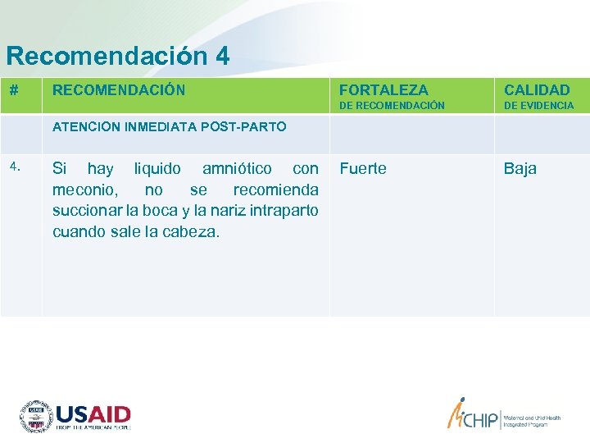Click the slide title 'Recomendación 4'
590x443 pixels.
coord(117,56)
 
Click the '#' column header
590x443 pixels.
coord(14,89)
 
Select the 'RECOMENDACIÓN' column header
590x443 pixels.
coord(119,89)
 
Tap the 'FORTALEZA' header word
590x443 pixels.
coord(383,89)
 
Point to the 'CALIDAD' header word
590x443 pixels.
coord(536,89)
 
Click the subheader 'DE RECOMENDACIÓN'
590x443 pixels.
coord(392,106)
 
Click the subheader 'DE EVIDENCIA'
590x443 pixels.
coord(538,106)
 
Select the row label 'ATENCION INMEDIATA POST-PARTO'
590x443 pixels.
coord(169,126)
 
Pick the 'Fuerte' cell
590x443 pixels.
coord(362,168)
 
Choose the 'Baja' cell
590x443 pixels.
coord(520,168)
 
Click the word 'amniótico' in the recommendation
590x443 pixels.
coord(237,168)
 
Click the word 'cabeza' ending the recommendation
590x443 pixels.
coord(192,231)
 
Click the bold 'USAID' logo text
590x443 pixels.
coord(93,413)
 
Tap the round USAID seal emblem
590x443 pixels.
coord(36,417)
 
